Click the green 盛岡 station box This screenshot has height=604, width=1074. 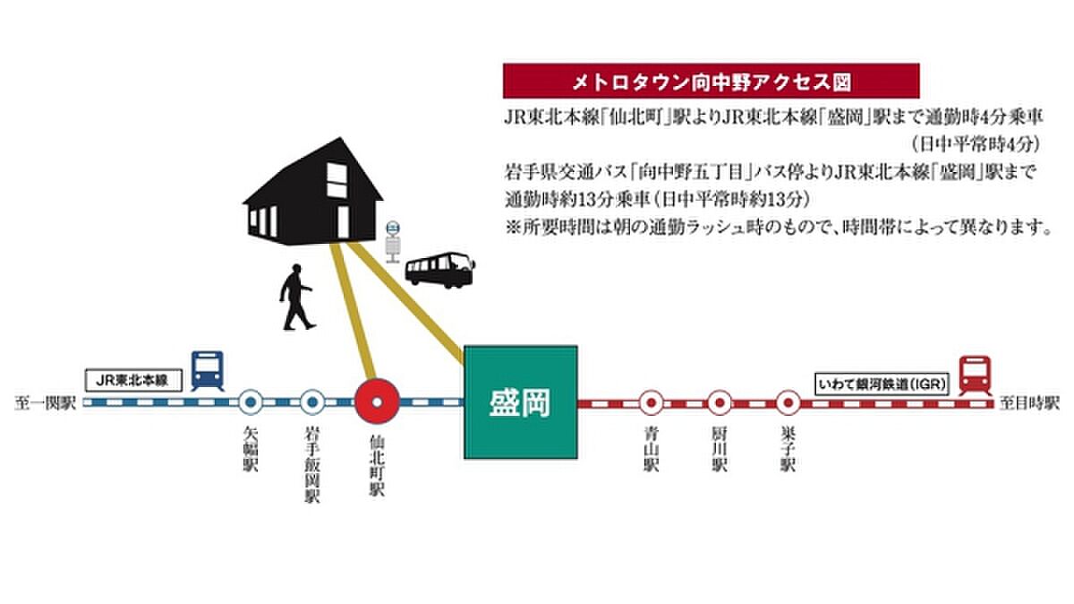click(520, 402)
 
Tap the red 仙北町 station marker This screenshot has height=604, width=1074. click(377, 402)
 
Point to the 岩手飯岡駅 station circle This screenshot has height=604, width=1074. click(311, 402)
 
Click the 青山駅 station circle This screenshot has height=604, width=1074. click(651, 402)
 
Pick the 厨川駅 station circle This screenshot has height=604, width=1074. click(720, 402)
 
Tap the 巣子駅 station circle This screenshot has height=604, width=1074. click(787, 402)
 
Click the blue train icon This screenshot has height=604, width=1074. click(208, 370)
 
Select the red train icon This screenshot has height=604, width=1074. click(975, 375)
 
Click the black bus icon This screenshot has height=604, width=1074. click(439, 268)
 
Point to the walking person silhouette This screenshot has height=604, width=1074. click(294, 298)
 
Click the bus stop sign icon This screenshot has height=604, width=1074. click(392, 240)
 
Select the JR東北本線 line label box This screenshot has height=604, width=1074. click(139, 380)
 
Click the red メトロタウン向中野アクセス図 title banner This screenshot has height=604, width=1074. click(711, 81)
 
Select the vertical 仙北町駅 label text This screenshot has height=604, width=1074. click(377, 464)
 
